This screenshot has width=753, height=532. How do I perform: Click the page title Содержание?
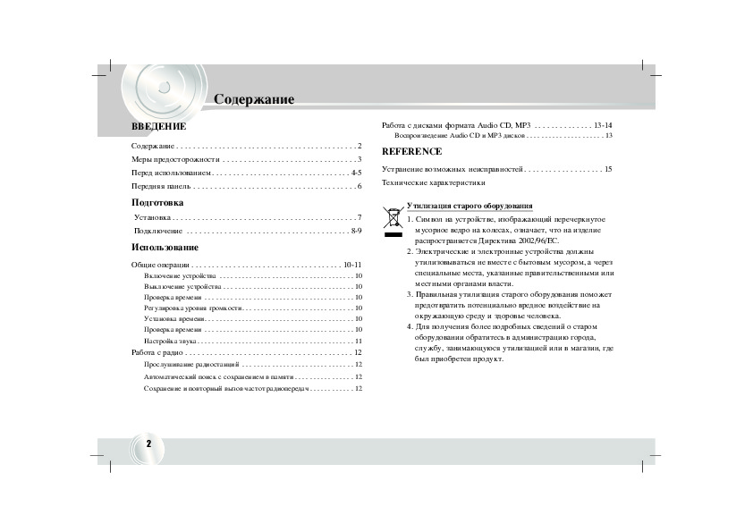(254, 99)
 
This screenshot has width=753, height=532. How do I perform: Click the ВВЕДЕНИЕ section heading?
(158, 127)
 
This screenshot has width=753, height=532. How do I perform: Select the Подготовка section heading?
(157, 202)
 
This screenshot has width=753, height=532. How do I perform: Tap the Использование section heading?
(165, 247)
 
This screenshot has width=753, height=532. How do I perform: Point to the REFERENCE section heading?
(411, 151)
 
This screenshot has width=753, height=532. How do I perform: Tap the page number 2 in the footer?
(148, 444)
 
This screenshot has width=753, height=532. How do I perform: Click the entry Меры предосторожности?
(175, 159)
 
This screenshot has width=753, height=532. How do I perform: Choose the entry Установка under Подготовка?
(152, 217)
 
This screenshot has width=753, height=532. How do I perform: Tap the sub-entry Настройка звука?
(170, 341)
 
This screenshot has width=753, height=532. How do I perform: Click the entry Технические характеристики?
(434, 182)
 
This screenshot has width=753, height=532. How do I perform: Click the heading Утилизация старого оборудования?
(470, 206)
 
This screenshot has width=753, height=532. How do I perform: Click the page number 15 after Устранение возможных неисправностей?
(607, 169)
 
